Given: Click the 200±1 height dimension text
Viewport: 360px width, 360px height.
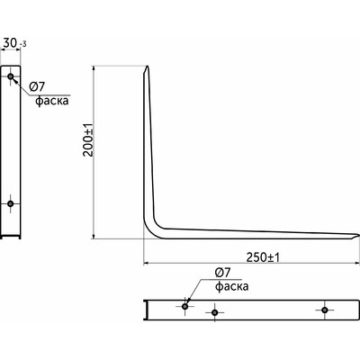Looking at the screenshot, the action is (89, 140).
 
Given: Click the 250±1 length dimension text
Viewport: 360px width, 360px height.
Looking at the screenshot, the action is (263, 257).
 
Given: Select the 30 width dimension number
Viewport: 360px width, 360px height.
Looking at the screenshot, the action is (10, 43).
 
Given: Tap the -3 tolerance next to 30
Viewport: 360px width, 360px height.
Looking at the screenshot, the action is (22, 45).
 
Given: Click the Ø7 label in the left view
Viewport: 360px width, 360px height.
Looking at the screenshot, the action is (37, 87).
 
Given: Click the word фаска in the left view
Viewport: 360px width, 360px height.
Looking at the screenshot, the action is (52, 101).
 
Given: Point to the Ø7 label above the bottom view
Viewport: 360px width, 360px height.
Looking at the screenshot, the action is (222, 273).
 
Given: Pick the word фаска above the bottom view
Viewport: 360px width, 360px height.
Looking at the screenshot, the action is (232, 286).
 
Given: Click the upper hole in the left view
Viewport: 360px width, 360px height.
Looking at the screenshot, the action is (11, 76).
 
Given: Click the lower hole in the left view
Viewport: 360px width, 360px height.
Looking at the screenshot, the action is (11, 204).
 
